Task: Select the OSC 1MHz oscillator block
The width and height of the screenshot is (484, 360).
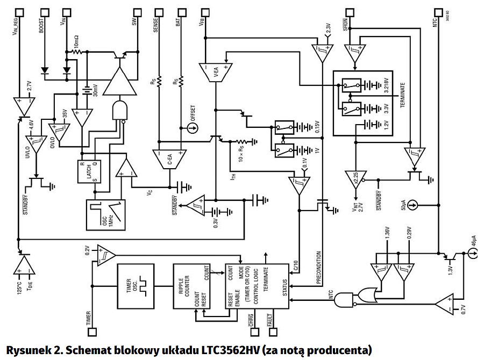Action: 106,214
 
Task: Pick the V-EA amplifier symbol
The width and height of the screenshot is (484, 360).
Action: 215,72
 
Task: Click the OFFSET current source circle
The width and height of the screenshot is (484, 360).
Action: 188,128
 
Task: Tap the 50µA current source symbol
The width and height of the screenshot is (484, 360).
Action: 411,204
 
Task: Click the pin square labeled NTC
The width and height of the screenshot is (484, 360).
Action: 440,10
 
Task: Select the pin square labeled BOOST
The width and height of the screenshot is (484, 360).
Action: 43,10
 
